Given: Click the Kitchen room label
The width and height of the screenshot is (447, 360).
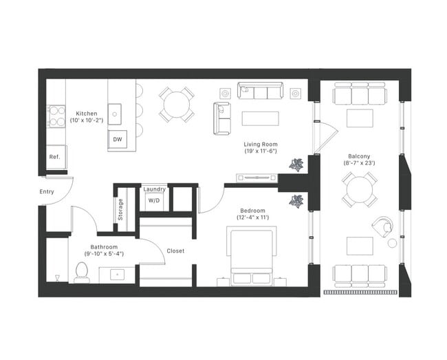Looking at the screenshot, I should coord(87,114).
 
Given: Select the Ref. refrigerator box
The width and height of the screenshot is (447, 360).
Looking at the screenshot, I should coord(55,157).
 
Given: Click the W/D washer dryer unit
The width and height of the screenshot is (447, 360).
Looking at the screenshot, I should coord(154,200).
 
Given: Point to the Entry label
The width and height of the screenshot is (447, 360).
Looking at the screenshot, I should coord(47,192).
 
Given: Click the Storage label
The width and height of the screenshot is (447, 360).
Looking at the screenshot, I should coord(121,208).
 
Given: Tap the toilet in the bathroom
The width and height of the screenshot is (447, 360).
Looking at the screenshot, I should coord(81,273).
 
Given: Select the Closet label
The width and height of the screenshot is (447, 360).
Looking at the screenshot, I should coord(175,251).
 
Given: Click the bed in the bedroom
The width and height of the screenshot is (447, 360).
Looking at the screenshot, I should coord(252,257).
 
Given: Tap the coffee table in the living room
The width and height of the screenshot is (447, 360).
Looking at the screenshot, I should coord(261,118).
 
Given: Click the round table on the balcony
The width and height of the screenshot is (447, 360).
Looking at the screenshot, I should coord(360,189).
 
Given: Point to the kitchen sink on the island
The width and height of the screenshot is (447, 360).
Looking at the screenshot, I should coord(115,112).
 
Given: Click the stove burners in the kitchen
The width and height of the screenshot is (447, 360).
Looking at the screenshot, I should coord(56,116).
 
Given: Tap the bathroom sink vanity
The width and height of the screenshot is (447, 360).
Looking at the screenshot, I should coord(115,275).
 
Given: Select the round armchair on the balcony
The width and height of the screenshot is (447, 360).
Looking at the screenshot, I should coord(381,226).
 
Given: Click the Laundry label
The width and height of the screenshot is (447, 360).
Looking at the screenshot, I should coord(154,189).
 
